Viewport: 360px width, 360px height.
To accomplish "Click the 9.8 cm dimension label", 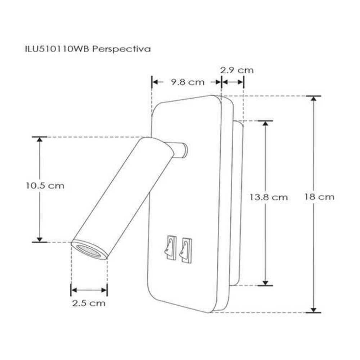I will (x=188, y=82).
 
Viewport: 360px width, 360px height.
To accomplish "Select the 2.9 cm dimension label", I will (x=237, y=70).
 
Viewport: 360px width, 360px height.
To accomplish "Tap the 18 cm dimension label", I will (x=319, y=197).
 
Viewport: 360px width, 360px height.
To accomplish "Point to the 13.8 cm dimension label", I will (x=269, y=197).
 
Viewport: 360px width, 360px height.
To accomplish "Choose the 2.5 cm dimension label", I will (x=89, y=303).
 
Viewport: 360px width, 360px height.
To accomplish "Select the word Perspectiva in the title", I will (x=121, y=49).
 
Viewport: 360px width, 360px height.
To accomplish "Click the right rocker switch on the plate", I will (x=185, y=249).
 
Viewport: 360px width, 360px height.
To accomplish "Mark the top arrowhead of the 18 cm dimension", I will (x=314, y=99).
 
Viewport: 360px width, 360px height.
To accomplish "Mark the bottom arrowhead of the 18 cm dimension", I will (x=314, y=309).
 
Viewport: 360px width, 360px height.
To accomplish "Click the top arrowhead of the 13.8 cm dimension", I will (x=265, y=123).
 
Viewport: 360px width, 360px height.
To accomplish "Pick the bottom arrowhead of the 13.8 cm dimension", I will (x=265, y=283).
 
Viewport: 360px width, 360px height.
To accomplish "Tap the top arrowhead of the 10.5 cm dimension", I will (x=40, y=140).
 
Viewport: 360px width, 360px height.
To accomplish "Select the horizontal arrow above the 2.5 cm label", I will (x=89, y=290).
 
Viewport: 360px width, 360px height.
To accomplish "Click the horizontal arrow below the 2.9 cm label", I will (x=233, y=82).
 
